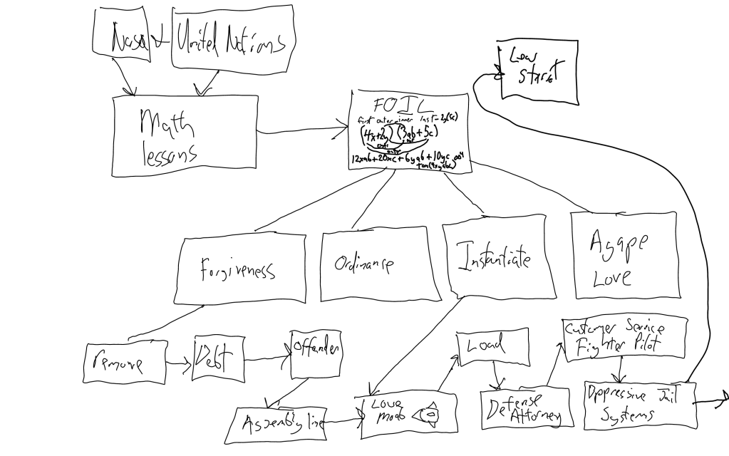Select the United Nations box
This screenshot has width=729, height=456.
pos(231,39)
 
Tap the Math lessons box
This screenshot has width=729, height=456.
pos(184,128)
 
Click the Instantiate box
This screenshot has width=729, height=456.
pos(497,261)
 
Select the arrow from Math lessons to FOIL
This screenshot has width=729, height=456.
pos(303,131)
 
